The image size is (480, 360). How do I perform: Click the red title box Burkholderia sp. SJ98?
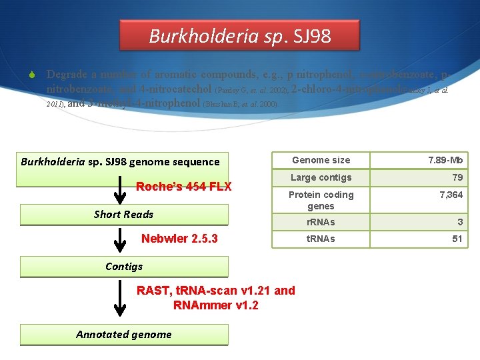239,35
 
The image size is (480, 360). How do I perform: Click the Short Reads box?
124,214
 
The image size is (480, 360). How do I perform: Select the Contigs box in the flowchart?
124,267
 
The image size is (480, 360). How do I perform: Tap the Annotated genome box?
124,335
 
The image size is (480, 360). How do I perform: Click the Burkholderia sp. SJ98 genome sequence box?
121,162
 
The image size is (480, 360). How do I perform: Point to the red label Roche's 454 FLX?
183,187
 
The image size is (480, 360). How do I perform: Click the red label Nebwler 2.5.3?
179,239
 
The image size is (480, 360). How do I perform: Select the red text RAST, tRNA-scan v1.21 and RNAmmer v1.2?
215,297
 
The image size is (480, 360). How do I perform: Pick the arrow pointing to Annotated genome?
120,300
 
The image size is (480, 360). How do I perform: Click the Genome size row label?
321,160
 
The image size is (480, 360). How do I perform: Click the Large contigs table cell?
321,177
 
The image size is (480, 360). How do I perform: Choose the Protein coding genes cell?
321,200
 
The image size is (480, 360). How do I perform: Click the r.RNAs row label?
321,222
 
